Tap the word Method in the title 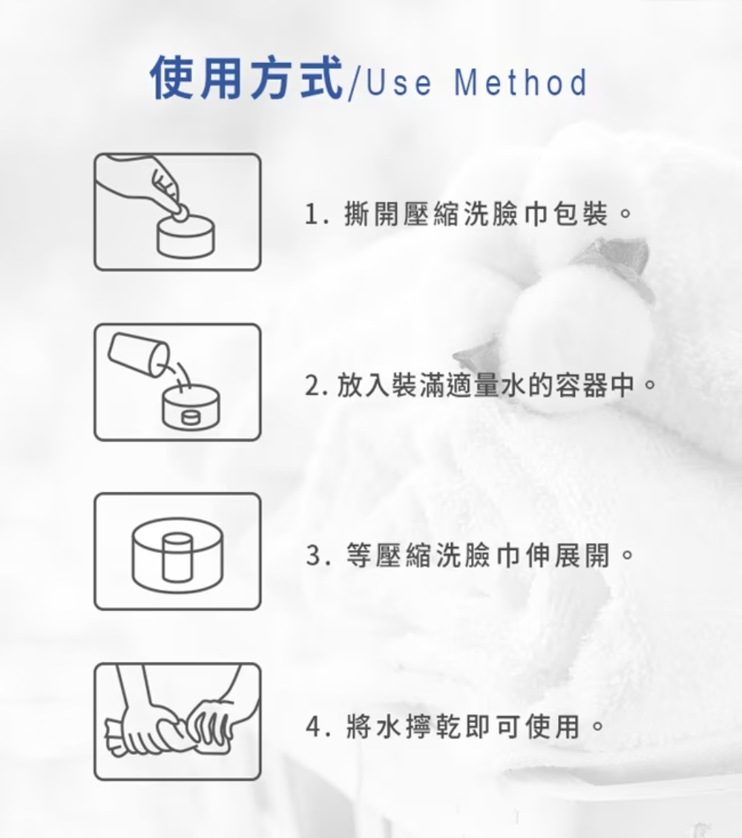pyautogui.click(x=521, y=82)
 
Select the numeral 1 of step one pyautogui.click(x=311, y=215)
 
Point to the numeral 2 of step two pyautogui.click(x=312, y=385)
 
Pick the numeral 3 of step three pyautogui.click(x=314, y=555)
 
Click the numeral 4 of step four pyautogui.click(x=314, y=727)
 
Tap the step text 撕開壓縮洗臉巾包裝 pyautogui.click(x=476, y=214)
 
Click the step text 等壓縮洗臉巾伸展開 pyautogui.click(x=479, y=555)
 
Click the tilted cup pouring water pyautogui.click(x=139, y=354)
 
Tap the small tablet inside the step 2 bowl pyautogui.click(x=191, y=417)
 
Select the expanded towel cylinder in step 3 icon pyautogui.click(x=177, y=557)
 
